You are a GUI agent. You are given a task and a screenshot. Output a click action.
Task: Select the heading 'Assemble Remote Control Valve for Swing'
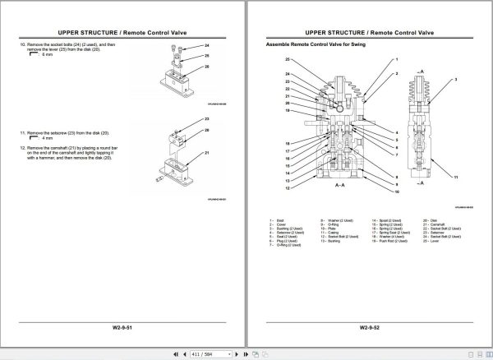coord(307,43)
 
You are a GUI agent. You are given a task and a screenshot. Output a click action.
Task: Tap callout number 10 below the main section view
coord(397,192)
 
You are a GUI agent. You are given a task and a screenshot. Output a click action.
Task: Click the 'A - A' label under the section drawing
coord(339,187)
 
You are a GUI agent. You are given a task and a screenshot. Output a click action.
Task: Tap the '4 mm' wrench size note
coord(46,138)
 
